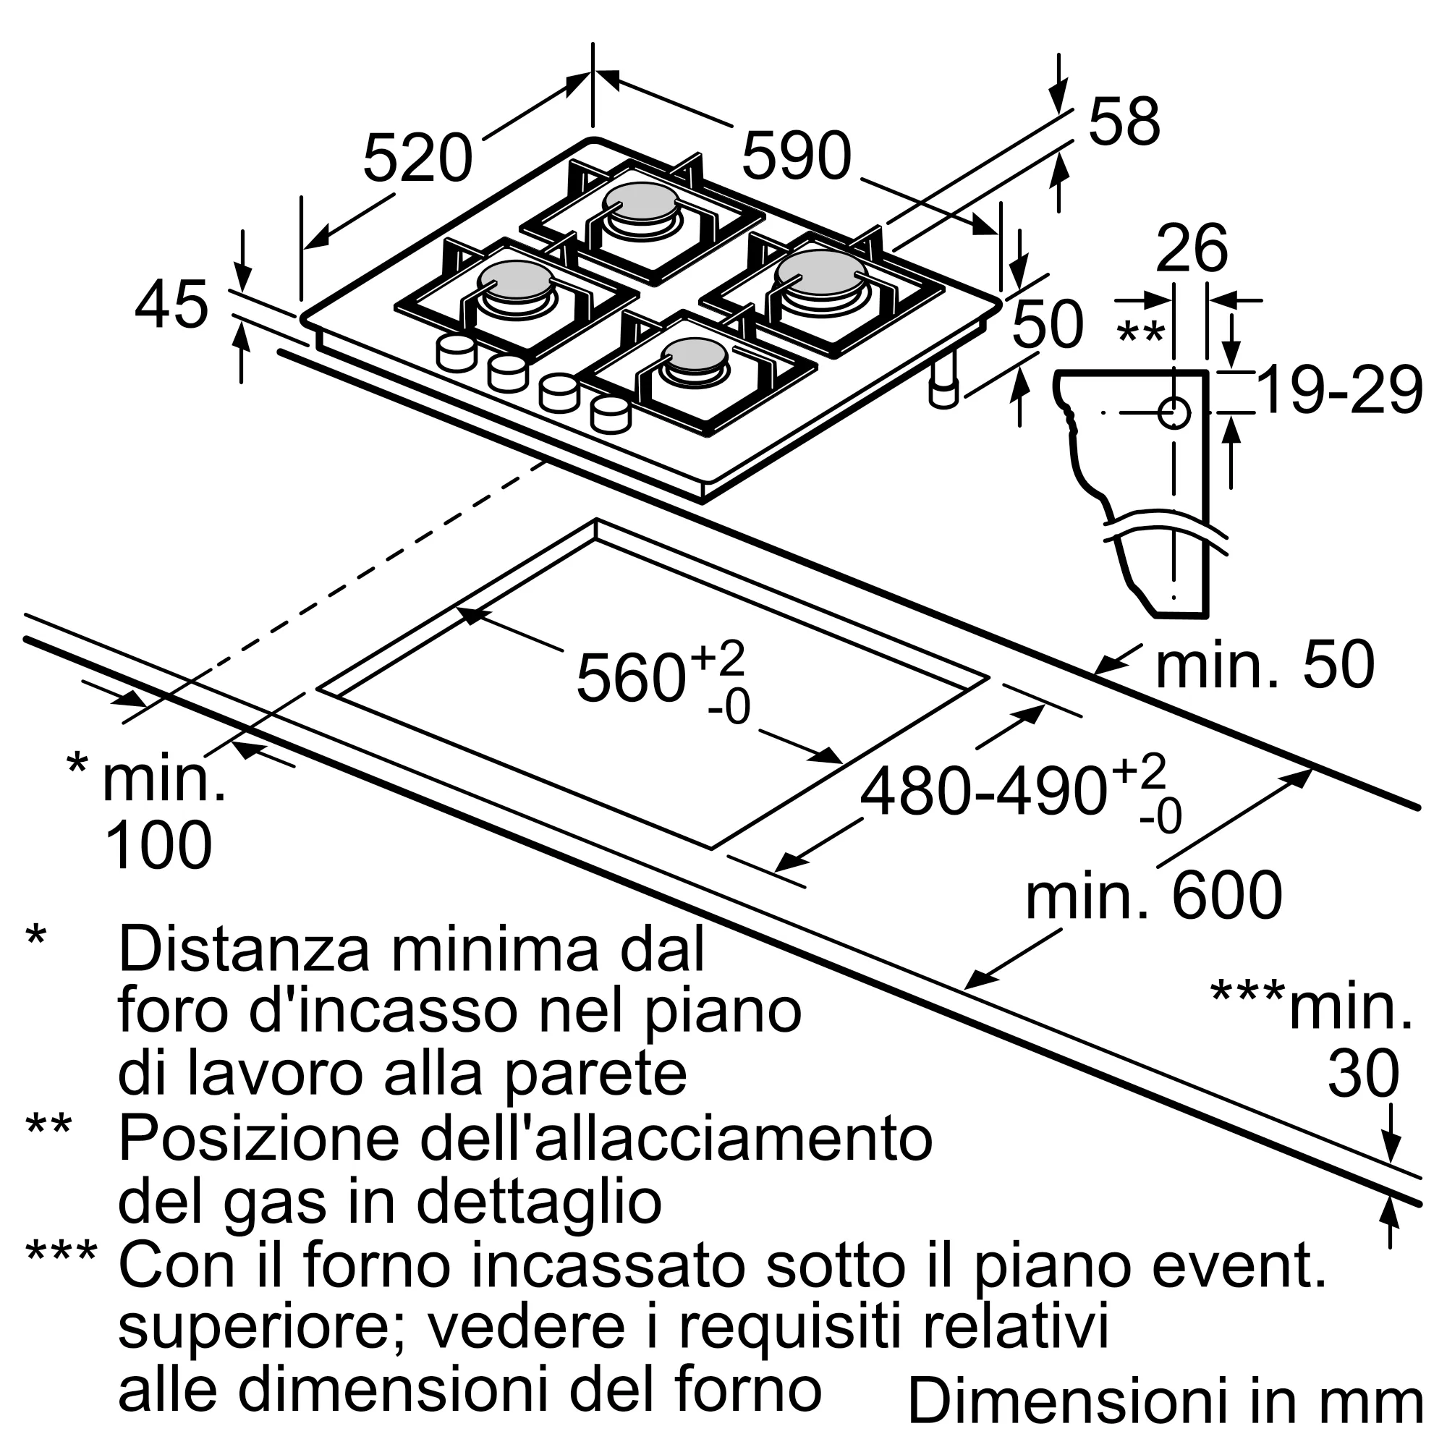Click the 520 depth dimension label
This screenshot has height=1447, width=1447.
click(x=417, y=158)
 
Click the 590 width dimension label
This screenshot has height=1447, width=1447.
click(x=796, y=156)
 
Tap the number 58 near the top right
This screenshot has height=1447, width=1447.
click(x=1124, y=122)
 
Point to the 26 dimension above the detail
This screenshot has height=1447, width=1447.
click(x=1192, y=249)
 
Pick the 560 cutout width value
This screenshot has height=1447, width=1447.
click(x=631, y=678)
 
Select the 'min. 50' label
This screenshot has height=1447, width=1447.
click(x=1265, y=664)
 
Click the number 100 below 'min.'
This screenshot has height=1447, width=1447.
click(x=158, y=846)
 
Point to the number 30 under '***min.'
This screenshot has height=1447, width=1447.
click(x=1363, y=1073)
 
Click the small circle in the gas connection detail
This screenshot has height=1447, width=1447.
click(x=1174, y=412)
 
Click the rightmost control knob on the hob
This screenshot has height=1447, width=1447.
click(x=610, y=415)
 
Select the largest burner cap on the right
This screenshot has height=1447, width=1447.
click(x=822, y=271)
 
